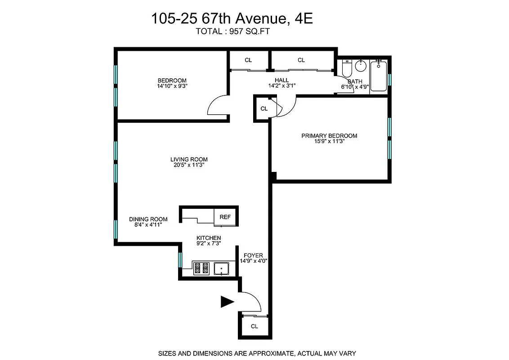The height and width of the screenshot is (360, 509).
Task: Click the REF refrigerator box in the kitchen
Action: coord(225,217)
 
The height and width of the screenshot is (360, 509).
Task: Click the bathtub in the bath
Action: coord(379,77)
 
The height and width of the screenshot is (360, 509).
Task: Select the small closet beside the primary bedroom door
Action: coord(264,108)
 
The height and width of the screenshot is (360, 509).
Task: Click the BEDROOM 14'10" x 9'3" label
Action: coord(172,83)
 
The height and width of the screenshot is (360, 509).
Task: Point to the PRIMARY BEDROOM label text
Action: coord(329,136)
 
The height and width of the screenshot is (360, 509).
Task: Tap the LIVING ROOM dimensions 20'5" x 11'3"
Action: coord(189,165)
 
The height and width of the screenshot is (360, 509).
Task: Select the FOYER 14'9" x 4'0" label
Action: coord(253,258)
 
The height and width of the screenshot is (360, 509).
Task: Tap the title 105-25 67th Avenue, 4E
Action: coord(231,19)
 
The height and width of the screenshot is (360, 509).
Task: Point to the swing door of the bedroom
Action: coord(217,107)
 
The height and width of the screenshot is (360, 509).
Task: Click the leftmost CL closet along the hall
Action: coord(248,60)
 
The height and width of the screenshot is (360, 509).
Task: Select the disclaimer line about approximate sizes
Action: coord(257,353)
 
